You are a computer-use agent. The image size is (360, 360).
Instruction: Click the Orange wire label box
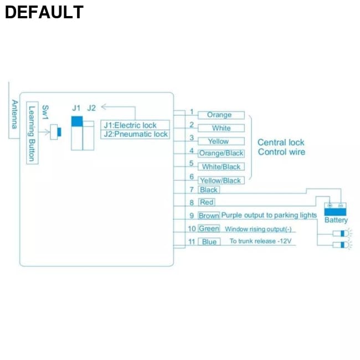tap(220, 115)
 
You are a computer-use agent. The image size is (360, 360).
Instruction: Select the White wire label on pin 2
tap(221, 128)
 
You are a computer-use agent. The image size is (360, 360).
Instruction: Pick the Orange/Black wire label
tap(221, 153)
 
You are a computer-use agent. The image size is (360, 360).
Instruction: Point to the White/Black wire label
tap(221, 167)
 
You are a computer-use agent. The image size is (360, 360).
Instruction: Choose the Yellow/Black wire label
tap(220, 180)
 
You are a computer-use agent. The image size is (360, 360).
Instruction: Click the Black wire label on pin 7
tap(209, 190)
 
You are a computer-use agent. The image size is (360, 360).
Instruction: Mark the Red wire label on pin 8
tap(207, 203)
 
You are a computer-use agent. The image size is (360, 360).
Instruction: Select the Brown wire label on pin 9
tap(209, 215)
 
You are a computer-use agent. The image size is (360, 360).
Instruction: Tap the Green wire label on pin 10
tap(209, 229)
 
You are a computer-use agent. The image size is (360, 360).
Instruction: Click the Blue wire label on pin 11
tap(209, 242)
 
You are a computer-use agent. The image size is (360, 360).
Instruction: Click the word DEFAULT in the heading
tap(44, 12)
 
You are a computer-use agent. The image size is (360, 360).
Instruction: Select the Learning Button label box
tap(32, 133)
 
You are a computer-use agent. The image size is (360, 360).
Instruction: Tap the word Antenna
tap(14, 114)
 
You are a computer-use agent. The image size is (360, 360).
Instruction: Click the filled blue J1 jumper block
tap(77, 121)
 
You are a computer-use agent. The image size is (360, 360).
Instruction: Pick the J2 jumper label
tap(91, 107)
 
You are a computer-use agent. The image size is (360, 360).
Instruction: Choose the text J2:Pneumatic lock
tap(136, 134)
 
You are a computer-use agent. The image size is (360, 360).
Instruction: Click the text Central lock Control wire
tap(281, 147)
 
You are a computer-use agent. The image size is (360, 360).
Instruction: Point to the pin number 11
tap(192, 241)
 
